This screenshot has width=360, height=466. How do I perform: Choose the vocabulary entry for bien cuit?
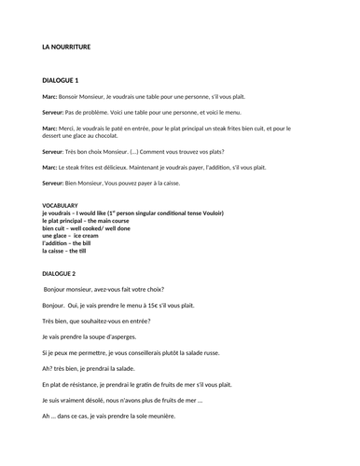(58, 228)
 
